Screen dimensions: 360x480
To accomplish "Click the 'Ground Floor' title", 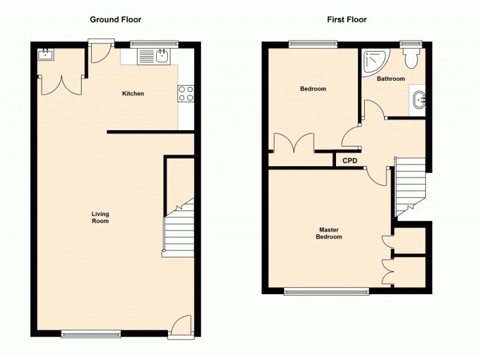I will tap(116, 20).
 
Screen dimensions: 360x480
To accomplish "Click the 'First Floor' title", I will tap(347, 20).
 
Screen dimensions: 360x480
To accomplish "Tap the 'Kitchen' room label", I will tap(133, 94).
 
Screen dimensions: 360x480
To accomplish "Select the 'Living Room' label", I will tap(100, 217).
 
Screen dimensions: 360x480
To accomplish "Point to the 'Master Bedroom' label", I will tap(329, 233).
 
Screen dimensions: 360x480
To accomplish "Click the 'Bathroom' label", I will tap(391, 79).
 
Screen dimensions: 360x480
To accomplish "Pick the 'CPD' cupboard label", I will tap(350, 161).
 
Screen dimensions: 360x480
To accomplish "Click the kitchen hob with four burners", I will tap(186, 93).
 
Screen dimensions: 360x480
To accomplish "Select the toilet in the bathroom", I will tap(412, 59).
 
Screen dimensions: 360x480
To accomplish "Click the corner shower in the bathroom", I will tap(374, 61).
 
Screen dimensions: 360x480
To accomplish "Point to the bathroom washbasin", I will tap(419, 100).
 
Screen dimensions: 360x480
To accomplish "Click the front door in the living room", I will tap(180, 327).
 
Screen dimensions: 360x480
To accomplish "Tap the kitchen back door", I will tap(99, 53).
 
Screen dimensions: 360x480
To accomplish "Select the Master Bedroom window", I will tap(326, 292).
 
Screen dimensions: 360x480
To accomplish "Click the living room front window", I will tap(91, 334).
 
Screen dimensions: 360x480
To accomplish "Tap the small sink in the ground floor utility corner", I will tap(46, 55).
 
